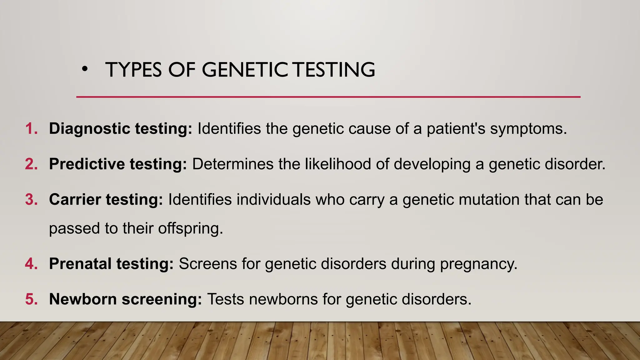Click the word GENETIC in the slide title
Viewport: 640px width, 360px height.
tap(245, 70)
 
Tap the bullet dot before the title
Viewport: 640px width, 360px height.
tap(84, 70)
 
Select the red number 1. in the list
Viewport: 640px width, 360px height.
tap(31, 128)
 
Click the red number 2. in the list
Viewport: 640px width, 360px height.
tap(31, 164)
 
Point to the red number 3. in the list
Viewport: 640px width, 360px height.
tap(31, 199)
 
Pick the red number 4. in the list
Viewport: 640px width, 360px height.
tap(31, 264)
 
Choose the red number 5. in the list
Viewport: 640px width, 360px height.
tap(31, 299)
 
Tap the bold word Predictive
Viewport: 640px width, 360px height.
tap(87, 164)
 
